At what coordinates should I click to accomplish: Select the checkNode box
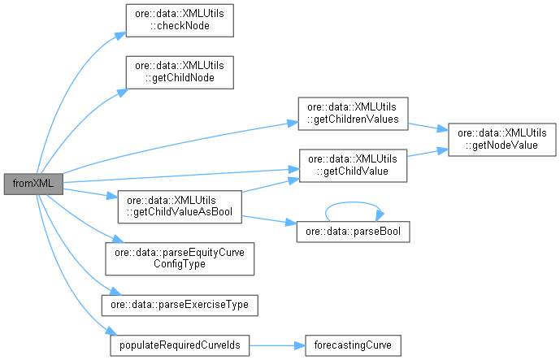pos(178,20)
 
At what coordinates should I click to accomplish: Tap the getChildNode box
pos(178,72)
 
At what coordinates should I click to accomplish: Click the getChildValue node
pos(352,164)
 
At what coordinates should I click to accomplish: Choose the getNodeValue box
pos(497,139)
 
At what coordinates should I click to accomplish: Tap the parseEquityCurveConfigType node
pos(180,258)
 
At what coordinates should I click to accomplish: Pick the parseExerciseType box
pos(179,305)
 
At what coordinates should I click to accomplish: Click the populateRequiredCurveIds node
pos(180,345)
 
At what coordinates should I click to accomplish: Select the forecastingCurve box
pos(352,345)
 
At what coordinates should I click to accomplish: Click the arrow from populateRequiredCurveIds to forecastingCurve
pos(276,345)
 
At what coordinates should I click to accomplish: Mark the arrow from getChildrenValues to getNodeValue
pos(423,127)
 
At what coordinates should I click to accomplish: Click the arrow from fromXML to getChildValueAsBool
pos(89,193)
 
